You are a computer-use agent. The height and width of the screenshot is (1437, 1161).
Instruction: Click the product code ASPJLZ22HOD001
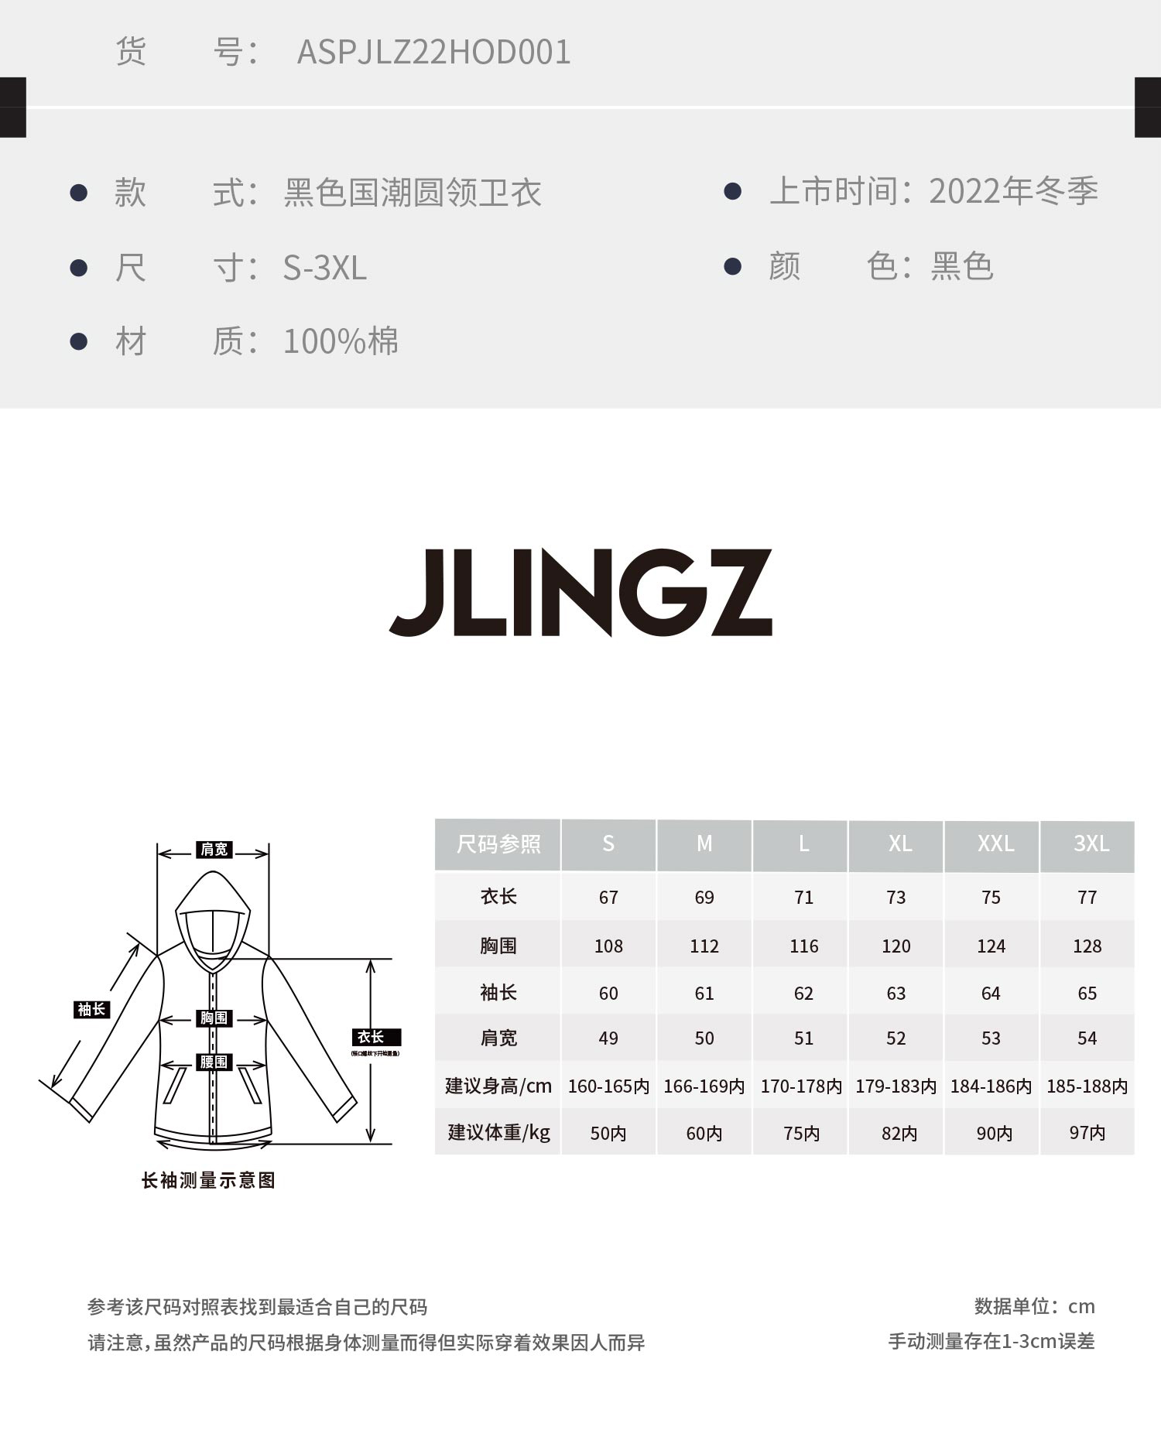pos(433,53)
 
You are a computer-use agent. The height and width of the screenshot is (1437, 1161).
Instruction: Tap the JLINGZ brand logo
pos(580,592)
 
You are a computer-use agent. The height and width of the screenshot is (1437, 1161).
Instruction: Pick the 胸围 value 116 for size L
pos(803,946)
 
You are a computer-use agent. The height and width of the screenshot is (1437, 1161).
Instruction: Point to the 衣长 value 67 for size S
pos(608,898)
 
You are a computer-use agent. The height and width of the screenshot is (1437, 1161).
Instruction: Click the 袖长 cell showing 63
pos(896,993)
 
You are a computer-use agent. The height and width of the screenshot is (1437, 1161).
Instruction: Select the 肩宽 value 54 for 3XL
pos(1087,1038)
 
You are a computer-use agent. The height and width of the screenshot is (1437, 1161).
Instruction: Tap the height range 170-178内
pos(801,1086)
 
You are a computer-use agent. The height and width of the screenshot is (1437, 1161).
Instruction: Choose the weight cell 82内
pos(899,1134)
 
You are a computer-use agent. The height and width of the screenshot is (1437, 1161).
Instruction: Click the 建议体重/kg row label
pos(498,1133)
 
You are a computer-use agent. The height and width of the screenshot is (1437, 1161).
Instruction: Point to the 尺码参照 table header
pos(498,843)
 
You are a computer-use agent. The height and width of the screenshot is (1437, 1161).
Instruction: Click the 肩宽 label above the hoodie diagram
pos(214,850)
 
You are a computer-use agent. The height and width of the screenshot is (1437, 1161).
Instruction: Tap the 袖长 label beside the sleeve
pos(91,1009)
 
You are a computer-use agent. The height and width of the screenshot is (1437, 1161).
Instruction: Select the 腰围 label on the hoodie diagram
pos(214,1062)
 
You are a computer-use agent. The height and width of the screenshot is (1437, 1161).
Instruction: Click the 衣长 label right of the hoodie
pos(372,1037)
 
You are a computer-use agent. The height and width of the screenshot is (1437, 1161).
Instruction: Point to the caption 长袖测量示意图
pos(208,1180)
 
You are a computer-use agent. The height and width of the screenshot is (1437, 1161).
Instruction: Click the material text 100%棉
pos(341,341)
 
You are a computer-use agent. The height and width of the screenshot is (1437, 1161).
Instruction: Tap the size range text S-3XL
pos(324,268)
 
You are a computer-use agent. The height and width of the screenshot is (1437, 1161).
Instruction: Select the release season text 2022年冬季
pos(1012,191)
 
